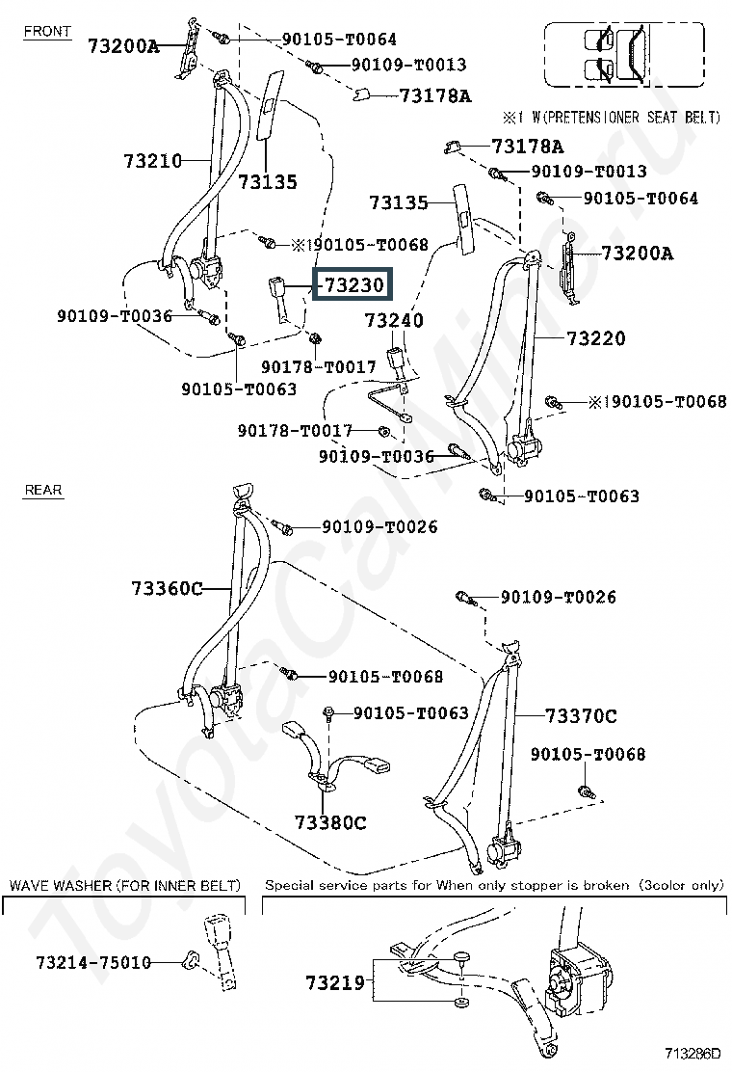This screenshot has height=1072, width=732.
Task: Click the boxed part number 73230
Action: pyautogui.click(x=353, y=285)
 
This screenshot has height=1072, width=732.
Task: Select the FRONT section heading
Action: pyautogui.click(x=47, y=32)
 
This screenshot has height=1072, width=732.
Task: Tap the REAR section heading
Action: pyautogui.click(x=43, y=490)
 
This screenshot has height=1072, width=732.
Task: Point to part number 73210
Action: pyautogui.click(x=152, y=160)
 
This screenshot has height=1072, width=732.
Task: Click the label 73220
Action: pyautogui.click(x=595, y=338)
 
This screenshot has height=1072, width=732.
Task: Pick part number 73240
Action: pyautogui.click(x=394, y=319)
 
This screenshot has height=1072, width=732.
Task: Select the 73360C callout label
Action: pyautogui.click(x=167, y=588)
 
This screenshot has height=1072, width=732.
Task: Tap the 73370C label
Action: pyautogui.click(x=581, y=715)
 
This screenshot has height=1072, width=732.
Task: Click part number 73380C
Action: pyautogui.click(x=330, y=822)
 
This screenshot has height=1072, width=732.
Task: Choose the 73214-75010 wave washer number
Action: pyautogui.click(x=93, y=963)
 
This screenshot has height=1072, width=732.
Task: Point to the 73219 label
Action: pyautogui.click(x=337, y=983)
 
